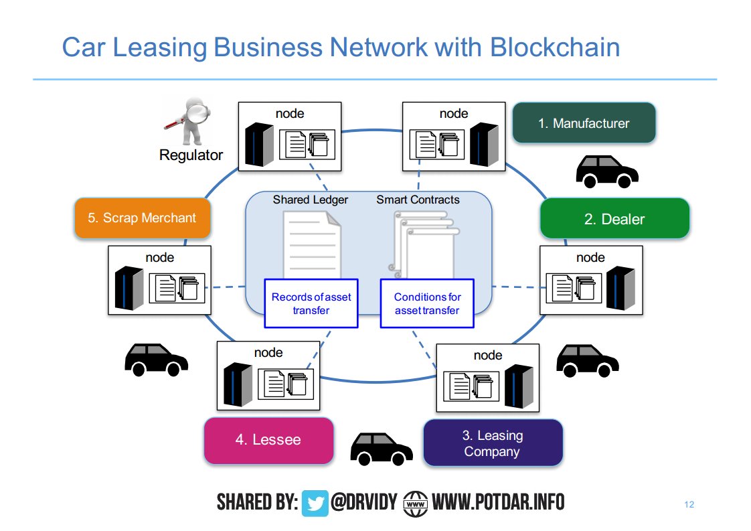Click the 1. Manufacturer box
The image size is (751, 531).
tap(584, 123)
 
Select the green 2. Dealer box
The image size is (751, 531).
tap(614, 219)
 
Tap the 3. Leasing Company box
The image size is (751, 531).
tap(493, 443)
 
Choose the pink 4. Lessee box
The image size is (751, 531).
tap(268, 441)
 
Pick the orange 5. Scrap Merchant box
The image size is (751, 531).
tap(143, 218)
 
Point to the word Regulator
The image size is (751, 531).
tap(191, 155)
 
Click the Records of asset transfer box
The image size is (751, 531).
tap(311, 303)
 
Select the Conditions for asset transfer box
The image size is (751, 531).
tap(427, 303)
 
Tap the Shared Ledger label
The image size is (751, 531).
tap(310, 200)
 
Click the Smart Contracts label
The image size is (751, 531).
tap(418, 200)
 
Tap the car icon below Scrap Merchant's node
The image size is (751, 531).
tap(156, 360)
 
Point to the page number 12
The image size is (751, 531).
tap(689, 504)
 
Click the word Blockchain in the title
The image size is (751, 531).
tap(554, 48)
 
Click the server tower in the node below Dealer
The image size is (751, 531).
tap(620, 287)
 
